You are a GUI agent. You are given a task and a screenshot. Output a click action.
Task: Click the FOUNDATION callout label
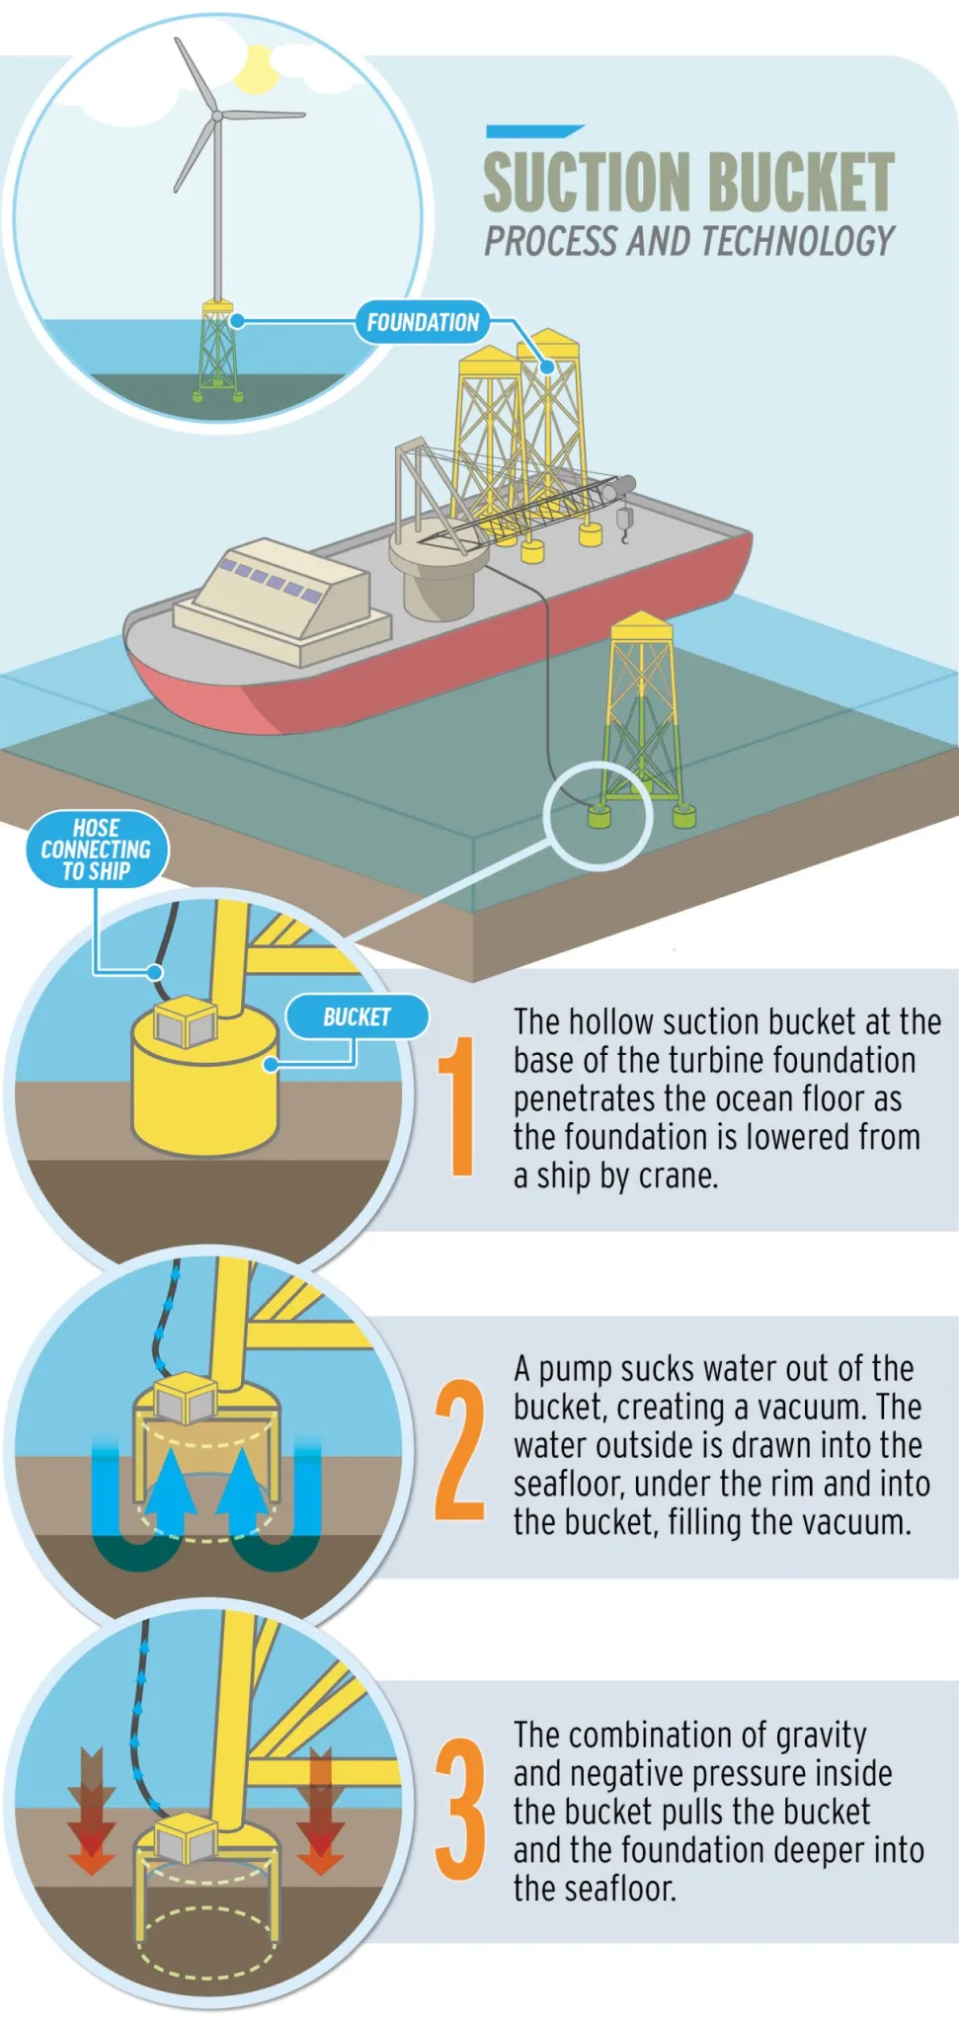422,322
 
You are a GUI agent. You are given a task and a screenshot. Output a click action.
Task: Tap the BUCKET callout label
357,1017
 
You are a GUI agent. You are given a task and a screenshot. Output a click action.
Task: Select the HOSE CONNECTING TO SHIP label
96,850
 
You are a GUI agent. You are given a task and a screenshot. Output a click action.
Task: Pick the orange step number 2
460,1449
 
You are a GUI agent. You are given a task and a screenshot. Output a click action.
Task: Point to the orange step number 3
460,1809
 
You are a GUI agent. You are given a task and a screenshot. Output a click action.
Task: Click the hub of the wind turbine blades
216,117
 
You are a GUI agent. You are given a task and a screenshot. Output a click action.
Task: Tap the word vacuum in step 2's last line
854,1522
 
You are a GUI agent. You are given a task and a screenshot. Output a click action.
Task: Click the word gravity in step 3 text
821,1735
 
